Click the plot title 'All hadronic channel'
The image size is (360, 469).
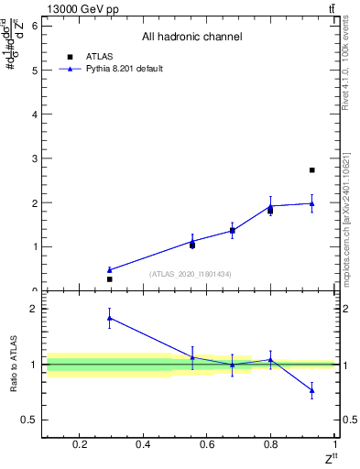tap(191, 38)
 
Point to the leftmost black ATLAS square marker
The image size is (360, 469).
tap(109, 279)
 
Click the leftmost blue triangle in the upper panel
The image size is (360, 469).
tap(109, 270)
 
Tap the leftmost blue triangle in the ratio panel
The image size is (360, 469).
tap(109, 318)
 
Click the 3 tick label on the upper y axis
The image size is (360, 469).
tap(35, 158)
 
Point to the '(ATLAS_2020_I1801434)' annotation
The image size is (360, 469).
tap(191, 274)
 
